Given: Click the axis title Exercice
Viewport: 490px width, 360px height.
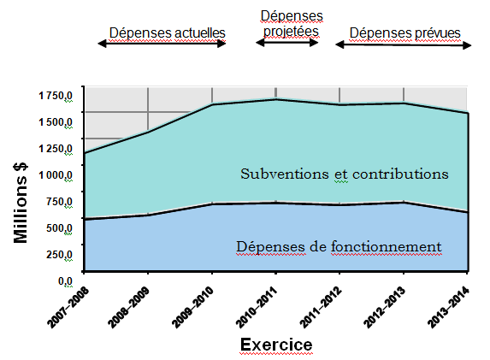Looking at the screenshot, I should pyautogui.click(x=275, y=345).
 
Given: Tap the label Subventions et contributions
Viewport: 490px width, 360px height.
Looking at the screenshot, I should pyautogui.click(x=344, y=174).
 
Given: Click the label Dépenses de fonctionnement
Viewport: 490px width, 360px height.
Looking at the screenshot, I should pyautogui.click(x=338, y=247).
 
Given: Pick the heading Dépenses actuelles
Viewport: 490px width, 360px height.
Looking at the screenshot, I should pyautogui.click(x=167, y=32).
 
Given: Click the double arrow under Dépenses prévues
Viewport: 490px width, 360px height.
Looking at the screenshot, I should pyautogui.click(x=402, y=44).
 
